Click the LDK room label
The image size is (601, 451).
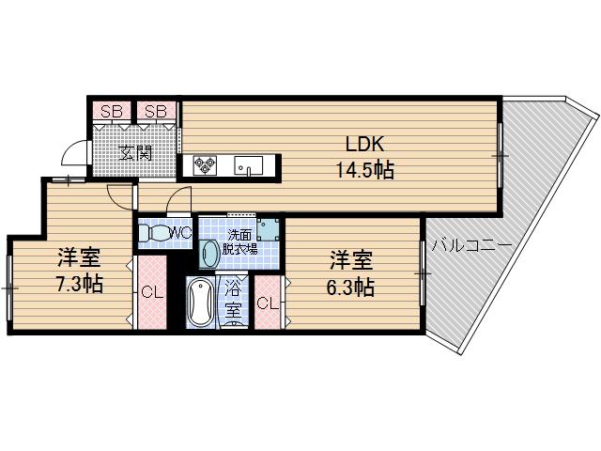(366, 146)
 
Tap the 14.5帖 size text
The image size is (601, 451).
(365, 170)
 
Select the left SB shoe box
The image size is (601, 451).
(111, 111)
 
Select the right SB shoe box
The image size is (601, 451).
(156, 111)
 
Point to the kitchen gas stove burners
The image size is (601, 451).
(206, 165)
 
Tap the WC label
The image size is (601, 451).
(180, 231)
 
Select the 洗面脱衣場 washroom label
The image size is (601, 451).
(241, 242)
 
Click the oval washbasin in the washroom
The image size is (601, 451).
(209, 253)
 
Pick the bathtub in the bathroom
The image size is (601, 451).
(199, 303)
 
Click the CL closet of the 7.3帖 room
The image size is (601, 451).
(150, 293)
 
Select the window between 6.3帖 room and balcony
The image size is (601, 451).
(424, 273)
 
